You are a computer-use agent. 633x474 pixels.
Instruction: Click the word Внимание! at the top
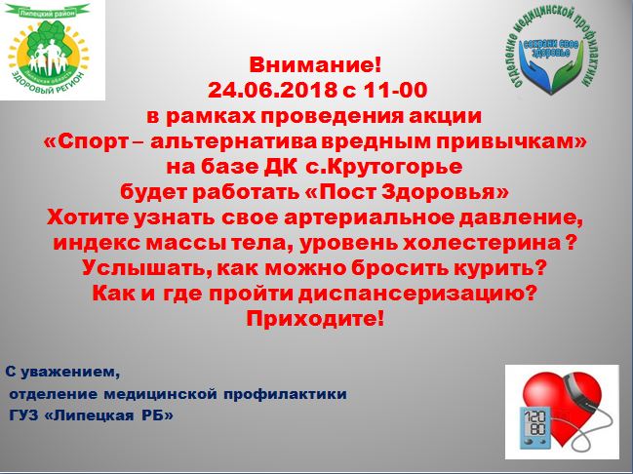315,64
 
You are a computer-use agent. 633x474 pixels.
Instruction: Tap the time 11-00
395,90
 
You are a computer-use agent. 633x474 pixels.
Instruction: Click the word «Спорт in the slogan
87,141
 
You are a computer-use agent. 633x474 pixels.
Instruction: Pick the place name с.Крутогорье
384,167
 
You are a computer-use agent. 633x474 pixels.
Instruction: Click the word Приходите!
315,319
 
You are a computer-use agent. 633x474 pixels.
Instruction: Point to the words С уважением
62,372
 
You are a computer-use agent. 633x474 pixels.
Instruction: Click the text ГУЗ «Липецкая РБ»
92,415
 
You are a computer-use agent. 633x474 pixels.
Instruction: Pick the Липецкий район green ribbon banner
49,12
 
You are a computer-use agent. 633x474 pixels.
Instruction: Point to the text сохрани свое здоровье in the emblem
551,49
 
